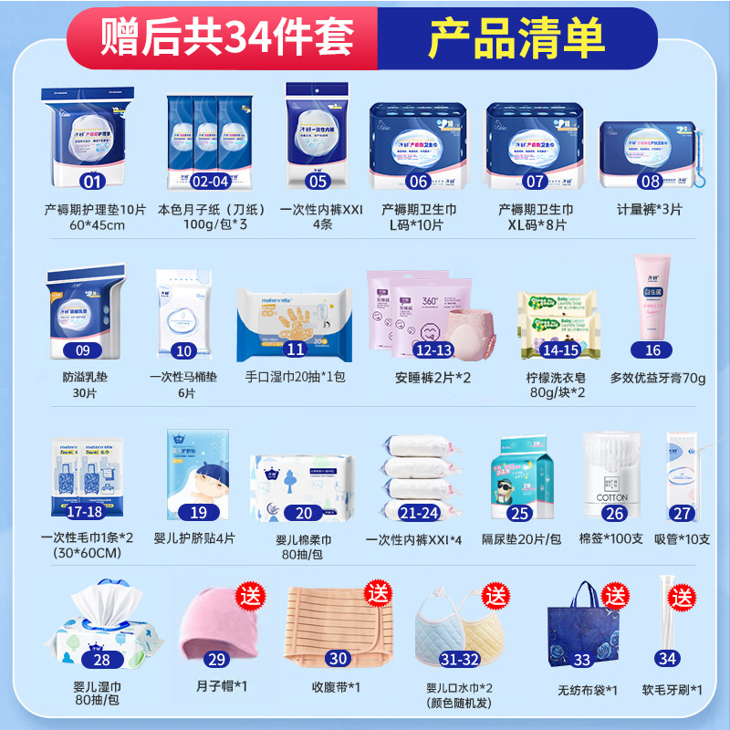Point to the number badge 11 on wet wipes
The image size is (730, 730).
[x=295, y=349]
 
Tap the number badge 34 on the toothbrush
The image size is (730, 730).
[x=670, y=659]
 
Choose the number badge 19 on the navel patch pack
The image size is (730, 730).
[x=199, y=513]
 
